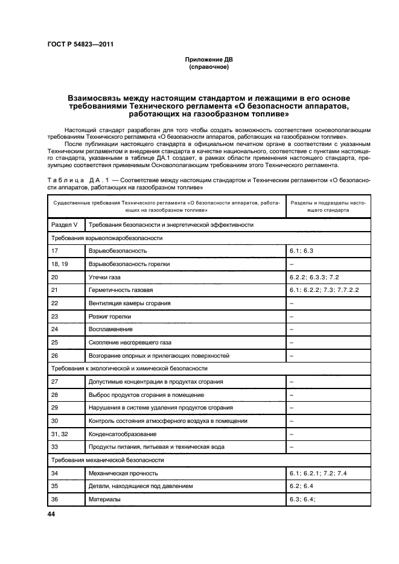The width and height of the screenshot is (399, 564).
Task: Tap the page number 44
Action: click(50, 514)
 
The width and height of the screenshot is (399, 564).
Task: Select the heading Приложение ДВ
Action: click(208, 60)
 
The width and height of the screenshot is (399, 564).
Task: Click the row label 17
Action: click(55, 250)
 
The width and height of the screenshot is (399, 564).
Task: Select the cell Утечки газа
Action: click(106, 277)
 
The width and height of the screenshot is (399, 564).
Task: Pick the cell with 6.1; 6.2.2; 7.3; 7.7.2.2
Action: click(324, 290)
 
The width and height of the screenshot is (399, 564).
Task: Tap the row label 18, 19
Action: click(60, 264)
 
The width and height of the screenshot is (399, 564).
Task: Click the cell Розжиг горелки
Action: click(110, 316)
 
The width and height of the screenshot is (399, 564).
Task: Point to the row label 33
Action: click(55, 447)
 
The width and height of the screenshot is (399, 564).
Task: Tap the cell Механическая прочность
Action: click(123, 474)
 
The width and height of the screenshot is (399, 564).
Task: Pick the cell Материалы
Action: click(104, 499)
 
